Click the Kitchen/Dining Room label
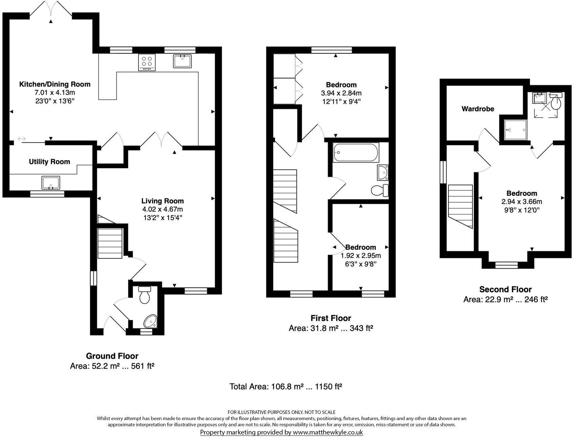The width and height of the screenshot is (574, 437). tap(54, 84)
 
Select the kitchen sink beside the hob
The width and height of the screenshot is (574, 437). tap(182, 61)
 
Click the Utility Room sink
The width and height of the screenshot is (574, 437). tap(51, 183)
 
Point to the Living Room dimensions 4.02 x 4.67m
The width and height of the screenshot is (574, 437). tap(162, 209)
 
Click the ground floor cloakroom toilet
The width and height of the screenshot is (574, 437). tap(145, 295)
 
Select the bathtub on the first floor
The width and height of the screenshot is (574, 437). tap(356, 152)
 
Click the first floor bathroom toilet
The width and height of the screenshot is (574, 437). tap(379, 191)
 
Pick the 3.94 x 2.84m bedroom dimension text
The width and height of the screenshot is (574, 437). tap(341, 93)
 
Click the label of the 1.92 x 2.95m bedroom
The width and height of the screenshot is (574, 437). tap(360, 247)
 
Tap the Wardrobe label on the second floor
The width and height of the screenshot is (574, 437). tap(478, 109)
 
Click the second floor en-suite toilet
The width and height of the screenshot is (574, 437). tap(556, 101)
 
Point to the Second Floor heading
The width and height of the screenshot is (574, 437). tap(505, 289)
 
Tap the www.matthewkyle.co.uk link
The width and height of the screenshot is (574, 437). tap(328, 432)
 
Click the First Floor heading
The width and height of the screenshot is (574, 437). tap(331, 318)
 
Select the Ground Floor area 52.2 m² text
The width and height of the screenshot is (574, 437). tap(112, 366)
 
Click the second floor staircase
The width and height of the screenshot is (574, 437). tap(460, 206)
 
